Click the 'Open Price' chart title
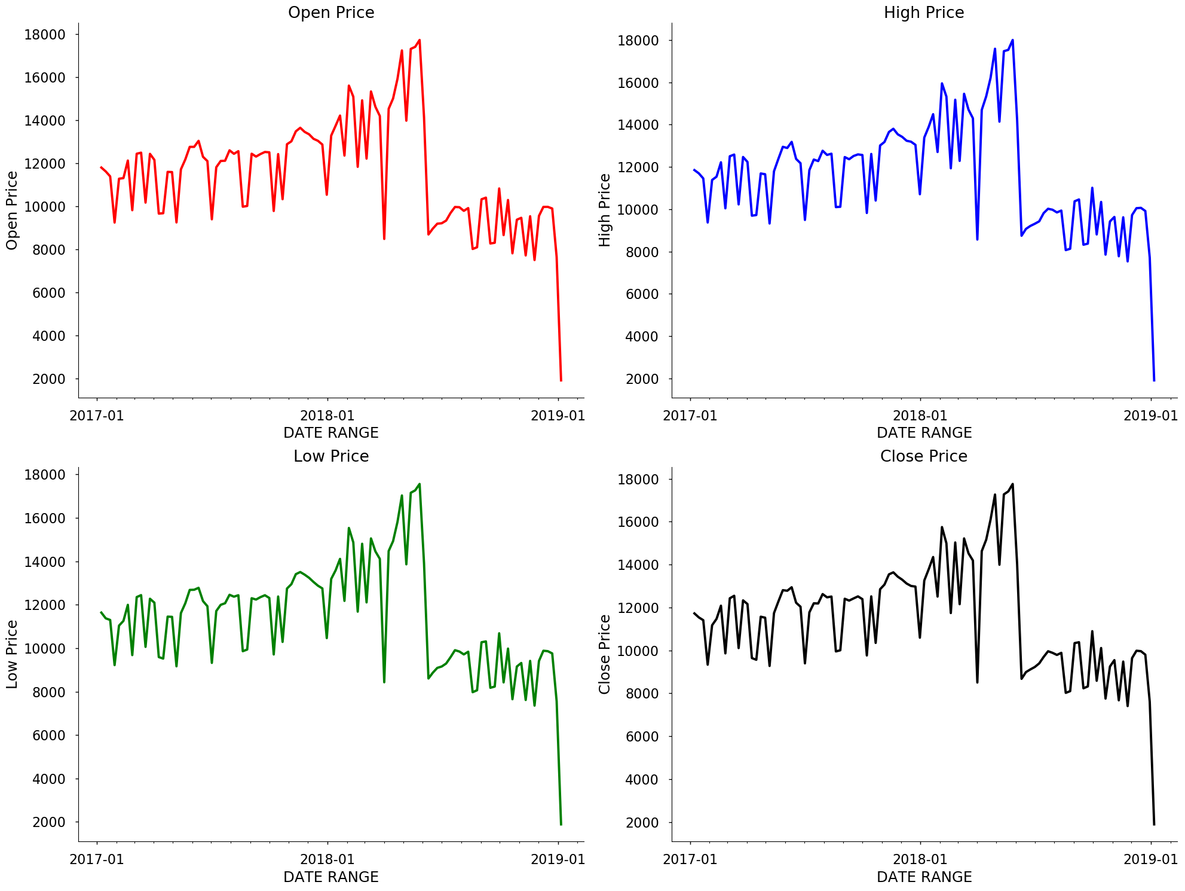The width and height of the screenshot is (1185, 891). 331,13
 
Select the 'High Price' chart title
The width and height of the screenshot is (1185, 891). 924,13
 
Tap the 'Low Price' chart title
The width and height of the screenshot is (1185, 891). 331,456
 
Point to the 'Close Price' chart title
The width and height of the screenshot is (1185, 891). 924,456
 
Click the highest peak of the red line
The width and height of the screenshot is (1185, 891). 420,41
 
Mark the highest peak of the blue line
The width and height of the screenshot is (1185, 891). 1012,41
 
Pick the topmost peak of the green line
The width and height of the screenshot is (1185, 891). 420,484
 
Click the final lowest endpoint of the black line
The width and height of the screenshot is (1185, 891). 1154,825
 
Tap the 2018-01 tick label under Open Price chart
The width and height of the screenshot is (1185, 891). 327,416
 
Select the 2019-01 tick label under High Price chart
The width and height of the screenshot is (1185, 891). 1150,416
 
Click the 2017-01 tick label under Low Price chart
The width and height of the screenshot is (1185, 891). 97,859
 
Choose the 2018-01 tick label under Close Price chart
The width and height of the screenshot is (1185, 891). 920,859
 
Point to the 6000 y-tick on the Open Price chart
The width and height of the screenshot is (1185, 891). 45,293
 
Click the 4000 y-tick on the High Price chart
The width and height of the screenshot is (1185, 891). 638,337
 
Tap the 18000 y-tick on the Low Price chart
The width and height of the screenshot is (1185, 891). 45,475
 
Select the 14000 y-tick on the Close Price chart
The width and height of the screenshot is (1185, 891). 638,565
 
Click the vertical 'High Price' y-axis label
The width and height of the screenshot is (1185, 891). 605,210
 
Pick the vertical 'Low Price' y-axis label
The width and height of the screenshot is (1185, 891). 12,654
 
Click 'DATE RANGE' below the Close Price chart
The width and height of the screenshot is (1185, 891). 924,877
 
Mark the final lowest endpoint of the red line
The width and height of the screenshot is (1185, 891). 561,380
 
